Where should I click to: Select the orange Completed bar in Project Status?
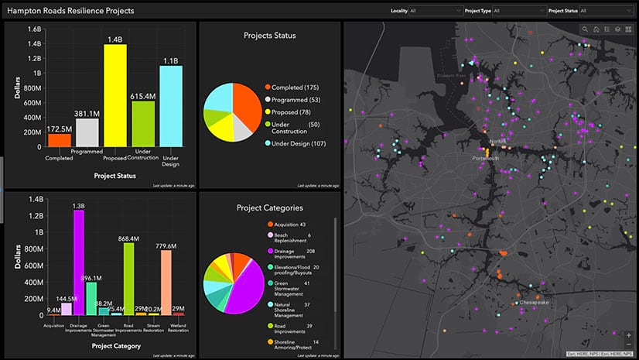60,140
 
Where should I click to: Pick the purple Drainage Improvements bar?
79,263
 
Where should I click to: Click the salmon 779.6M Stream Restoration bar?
166,283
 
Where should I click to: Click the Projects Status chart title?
269,35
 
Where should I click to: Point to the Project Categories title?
269,207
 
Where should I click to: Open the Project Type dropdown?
518,11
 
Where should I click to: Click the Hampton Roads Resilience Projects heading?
69,11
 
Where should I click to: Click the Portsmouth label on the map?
486,158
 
